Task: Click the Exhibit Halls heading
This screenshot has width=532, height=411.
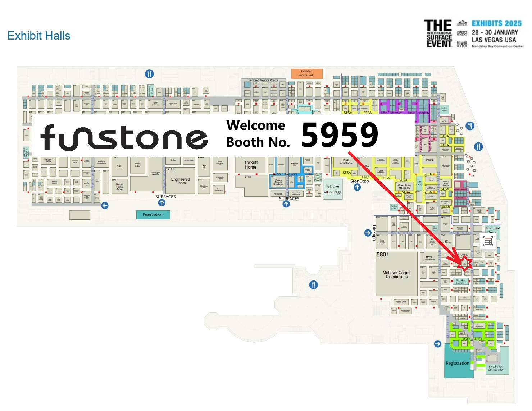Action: [39, 36]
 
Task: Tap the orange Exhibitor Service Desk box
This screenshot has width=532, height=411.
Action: [306, 73]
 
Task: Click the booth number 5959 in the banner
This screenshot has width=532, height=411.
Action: [340, 135]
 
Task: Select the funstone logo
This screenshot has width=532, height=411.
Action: [124, 137]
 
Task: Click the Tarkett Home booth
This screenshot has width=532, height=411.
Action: [251, 165]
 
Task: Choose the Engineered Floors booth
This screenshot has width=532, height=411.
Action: [180, 181]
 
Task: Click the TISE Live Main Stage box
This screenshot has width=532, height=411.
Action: [332, 189]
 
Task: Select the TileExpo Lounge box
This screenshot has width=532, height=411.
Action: [460, 282]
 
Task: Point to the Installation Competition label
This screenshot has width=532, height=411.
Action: [496, 368]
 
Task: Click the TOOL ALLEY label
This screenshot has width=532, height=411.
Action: [472, 339]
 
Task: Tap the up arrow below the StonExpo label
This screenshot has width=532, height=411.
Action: [357, 187]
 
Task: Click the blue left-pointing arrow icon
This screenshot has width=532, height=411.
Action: [105, 205]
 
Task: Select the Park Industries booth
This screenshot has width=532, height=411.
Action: [345, 162]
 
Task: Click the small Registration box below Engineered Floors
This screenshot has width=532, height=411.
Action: [153, 215]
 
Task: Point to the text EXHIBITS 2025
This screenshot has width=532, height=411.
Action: [496, 23]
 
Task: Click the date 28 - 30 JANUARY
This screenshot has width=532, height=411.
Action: [495, 32]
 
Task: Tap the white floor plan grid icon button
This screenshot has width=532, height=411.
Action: [488, 242]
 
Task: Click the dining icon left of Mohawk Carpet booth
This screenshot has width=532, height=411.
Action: [314, 285]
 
